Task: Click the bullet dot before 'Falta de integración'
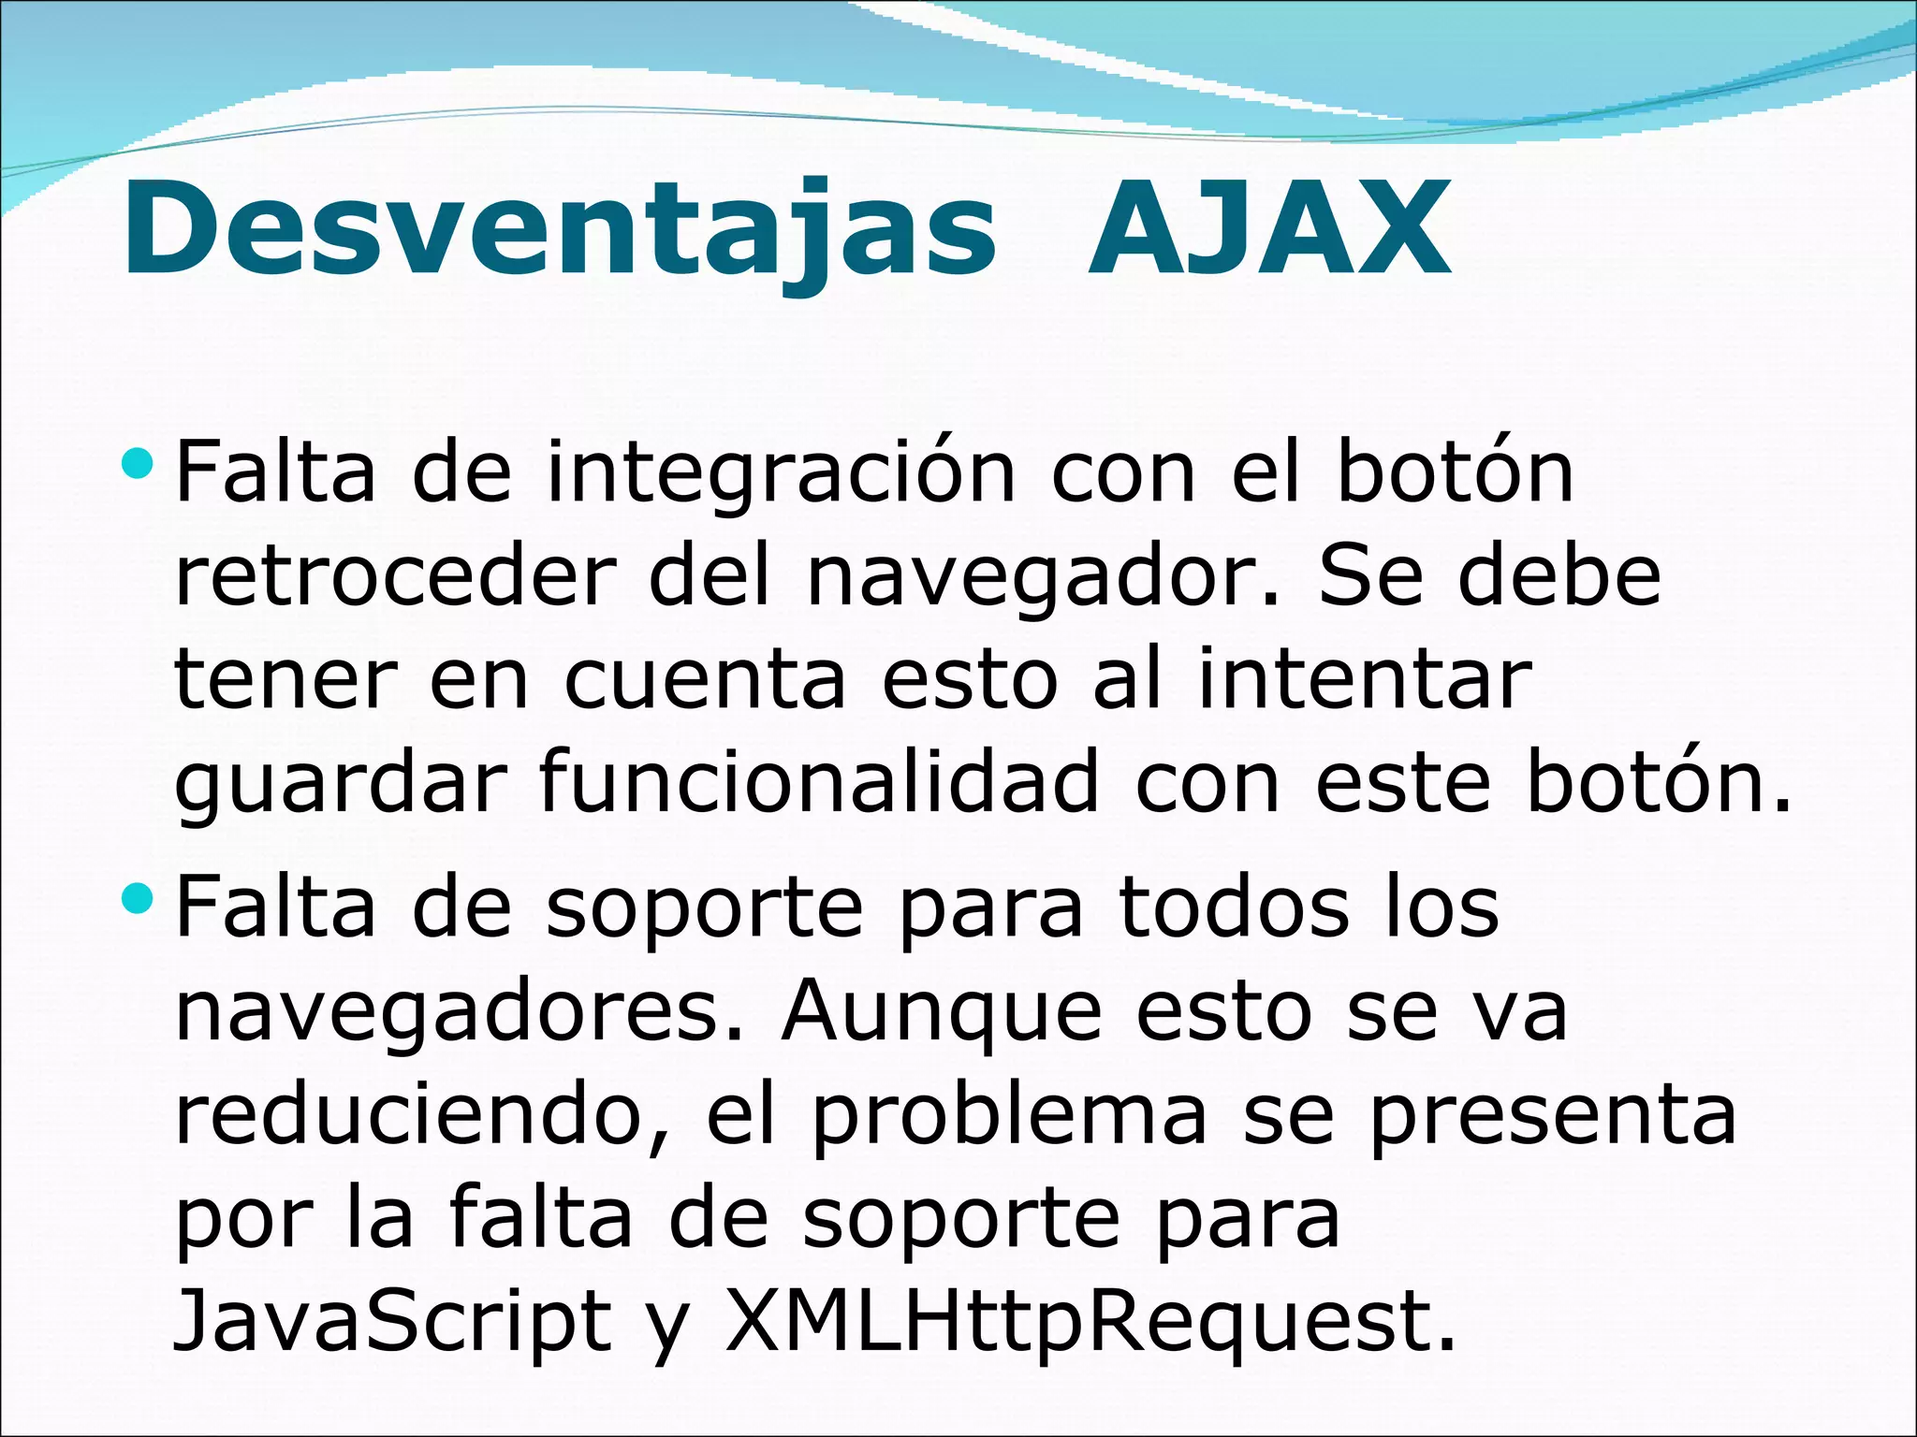click(x=137, y=461)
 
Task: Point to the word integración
click(x=781, y=473)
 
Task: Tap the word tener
click(x=284, y=680)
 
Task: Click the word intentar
click(x=1364, y=680)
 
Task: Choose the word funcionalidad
click(x=819, y=784)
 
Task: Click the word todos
click(x=1234, y=907)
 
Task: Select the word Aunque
click(x=942, y=1012)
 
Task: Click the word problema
click(x=1009, y=1115)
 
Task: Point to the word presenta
click(x=1554, y=1115)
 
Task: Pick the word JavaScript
click(x=392, y=1323)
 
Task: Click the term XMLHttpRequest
click(x=1090, y=1323)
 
